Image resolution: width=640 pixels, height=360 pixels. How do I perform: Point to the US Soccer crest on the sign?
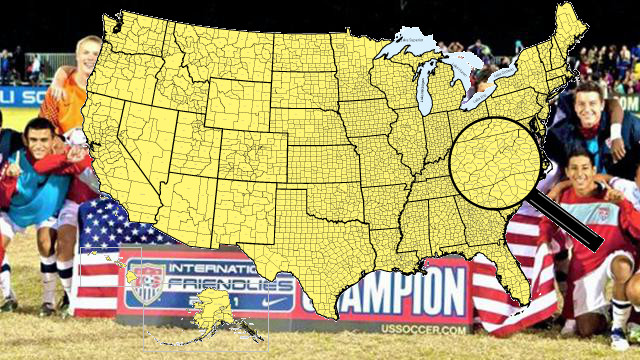click(x=146, y=283)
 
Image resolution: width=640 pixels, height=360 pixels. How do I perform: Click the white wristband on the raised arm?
click(x=614, y=131)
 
